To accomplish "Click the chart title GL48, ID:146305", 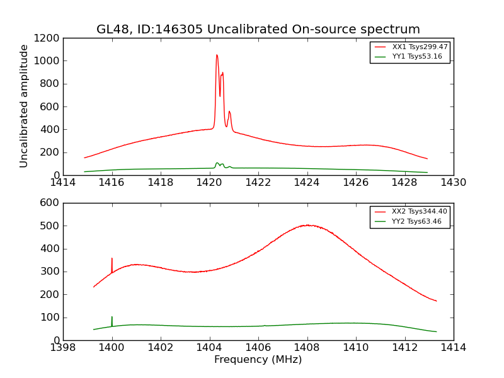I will point(258,30).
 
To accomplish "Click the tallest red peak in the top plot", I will point(217,55).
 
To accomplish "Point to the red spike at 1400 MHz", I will point(112,259).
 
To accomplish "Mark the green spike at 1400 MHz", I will point(112,318).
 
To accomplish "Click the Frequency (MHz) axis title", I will point(258,360).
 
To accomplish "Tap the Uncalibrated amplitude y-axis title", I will point(25,106).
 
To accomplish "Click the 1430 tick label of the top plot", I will point(454,183).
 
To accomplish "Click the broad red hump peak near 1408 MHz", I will point(307,225).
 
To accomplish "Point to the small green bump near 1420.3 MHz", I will point(217,163).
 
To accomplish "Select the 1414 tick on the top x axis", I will point(63,183).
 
